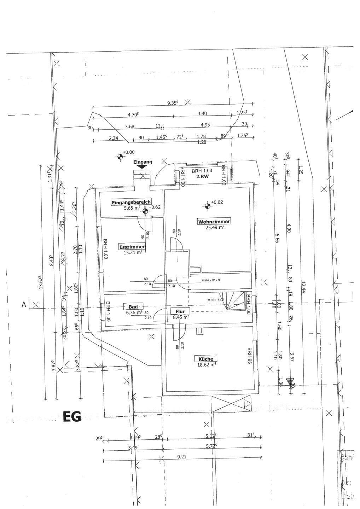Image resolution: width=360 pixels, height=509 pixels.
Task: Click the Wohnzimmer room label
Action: (214, 222)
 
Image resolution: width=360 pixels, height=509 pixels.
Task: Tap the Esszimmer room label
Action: (132, 247)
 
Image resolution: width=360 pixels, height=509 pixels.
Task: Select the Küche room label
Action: (205, 359)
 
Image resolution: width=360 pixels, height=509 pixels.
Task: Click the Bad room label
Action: (133, 306)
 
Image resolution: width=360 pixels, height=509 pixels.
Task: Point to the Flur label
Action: (180, 311)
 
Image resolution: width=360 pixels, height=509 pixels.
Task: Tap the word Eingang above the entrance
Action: (143, 162)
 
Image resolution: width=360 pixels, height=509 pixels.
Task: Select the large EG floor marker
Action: (72, 417)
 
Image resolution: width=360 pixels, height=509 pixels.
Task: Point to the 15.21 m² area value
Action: (133, 252)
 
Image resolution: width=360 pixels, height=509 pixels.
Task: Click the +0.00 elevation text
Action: (129, 152)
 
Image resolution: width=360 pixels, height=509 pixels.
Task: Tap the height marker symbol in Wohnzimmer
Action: (206, 205)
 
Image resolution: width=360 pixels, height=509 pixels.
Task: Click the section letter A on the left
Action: (24, 304)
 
